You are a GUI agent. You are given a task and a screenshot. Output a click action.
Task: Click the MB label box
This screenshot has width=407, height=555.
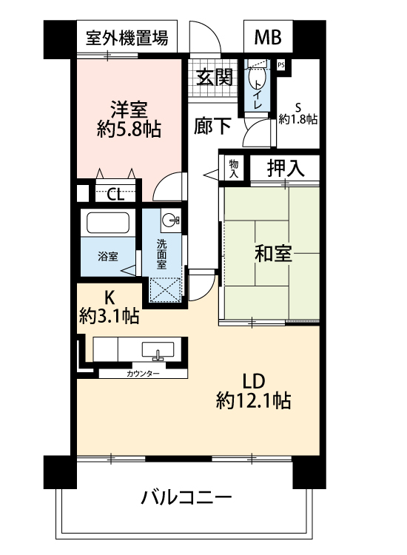(x=268, y=36)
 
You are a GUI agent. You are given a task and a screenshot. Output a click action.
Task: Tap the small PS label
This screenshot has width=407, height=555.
(x=281, y=65)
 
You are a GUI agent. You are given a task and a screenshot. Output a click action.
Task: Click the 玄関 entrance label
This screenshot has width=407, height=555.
(x=214, y=77)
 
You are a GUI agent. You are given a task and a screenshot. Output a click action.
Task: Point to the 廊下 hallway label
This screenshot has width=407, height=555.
(x=212, y=126)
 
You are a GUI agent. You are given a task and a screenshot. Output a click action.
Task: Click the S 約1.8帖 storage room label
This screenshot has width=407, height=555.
(x=298, y=113)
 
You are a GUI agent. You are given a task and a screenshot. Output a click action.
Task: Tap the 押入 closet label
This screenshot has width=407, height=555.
(x=285, y=168)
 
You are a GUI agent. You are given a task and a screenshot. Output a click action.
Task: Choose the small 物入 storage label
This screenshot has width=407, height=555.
(x=234, y=169)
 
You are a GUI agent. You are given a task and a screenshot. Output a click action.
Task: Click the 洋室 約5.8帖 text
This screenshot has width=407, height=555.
(x=129, y=119)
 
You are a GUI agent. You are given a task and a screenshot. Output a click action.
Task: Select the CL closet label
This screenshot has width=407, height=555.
(x=115, y=195)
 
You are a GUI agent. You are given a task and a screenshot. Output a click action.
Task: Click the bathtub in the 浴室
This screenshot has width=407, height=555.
(x=108, y=223)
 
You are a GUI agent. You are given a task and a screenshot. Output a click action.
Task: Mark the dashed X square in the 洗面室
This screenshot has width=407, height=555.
(x=165, y=290)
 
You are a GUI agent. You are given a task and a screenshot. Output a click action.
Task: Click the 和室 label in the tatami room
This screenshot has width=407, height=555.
(x=273, y=253)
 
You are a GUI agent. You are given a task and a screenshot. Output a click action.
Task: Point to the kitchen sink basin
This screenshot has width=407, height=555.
(x=158, y=351)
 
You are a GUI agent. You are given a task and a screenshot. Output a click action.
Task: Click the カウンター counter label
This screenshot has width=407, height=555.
(x=143, y=374)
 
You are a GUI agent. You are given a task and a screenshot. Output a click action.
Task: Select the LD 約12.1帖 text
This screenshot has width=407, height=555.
(x=253, y=391)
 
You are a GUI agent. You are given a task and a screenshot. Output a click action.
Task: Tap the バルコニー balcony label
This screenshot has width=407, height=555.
(x=186, y=497)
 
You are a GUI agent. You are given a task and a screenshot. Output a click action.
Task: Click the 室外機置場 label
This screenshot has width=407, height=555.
(x=127, y=38)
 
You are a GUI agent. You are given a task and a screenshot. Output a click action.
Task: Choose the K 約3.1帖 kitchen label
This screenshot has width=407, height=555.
(x=109, y=306)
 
